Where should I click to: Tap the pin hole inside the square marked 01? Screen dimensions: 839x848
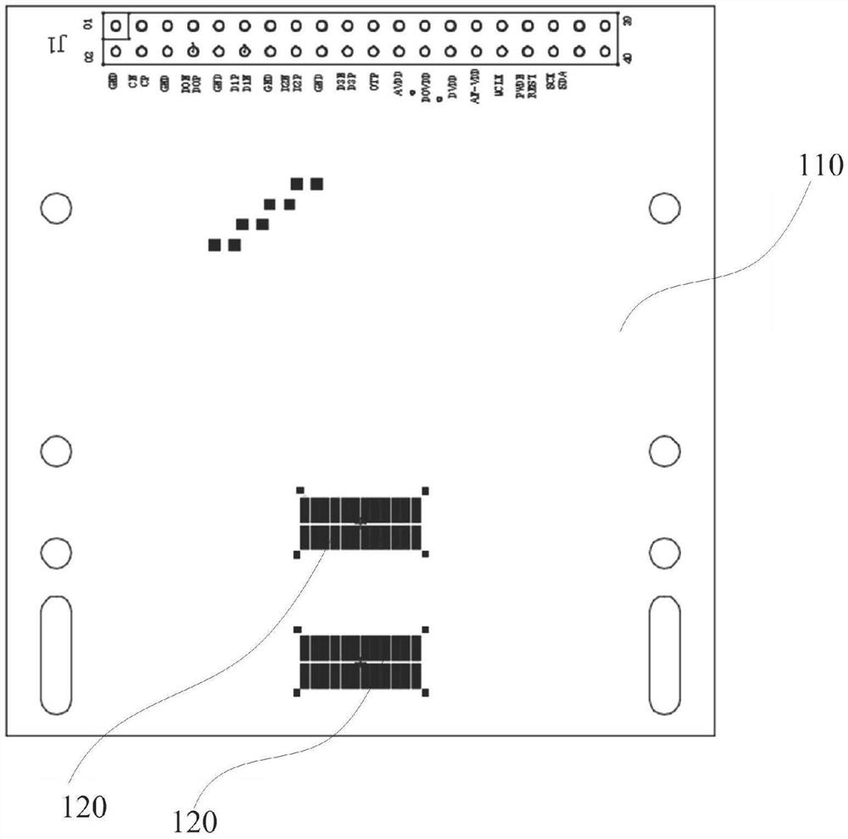(115, 26)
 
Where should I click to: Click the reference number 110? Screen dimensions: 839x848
(820, 165)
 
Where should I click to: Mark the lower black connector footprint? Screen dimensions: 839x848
(360, 662)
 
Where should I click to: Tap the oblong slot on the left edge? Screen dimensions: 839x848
(56, 654)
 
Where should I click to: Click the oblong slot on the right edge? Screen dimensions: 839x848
(664, 654)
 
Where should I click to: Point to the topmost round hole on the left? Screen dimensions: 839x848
(56, 207)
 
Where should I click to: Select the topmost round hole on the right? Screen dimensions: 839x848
(664, 207)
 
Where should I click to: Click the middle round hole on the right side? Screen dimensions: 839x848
(664, 451)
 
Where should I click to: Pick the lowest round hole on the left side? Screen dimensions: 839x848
(56, 553)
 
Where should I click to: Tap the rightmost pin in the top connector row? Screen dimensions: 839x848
(605, 26)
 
